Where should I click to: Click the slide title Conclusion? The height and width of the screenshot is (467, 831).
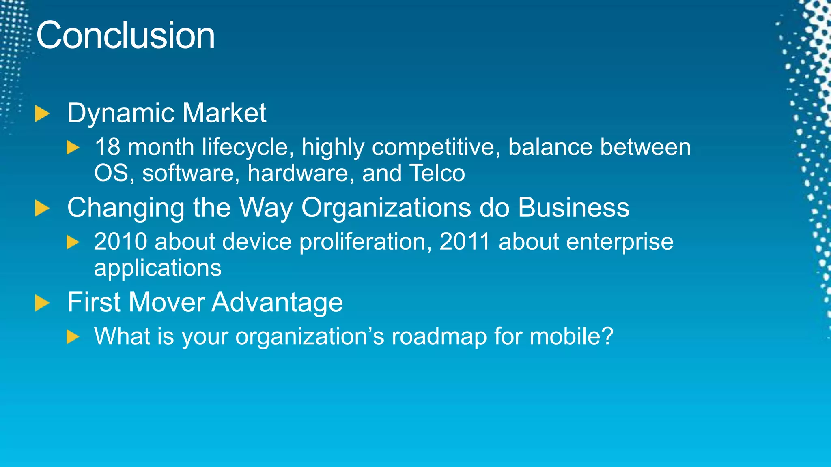[x=125, y=36]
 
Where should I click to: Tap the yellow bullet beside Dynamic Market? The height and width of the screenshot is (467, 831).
[x=42, y=114]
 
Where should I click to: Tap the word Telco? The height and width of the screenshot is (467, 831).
[x=437, y=173]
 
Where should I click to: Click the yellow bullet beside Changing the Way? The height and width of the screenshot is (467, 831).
[x=42, y=208]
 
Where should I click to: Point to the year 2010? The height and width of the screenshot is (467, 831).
[x=121, y=242]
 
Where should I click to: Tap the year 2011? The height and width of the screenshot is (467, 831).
[x=465, y=242]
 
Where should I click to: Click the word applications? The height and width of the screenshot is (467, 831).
[x=158, y=268]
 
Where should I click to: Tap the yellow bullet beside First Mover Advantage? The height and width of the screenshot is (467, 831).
[x=42, y=303]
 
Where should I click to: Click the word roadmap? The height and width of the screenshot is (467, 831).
[x=439, y=336]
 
